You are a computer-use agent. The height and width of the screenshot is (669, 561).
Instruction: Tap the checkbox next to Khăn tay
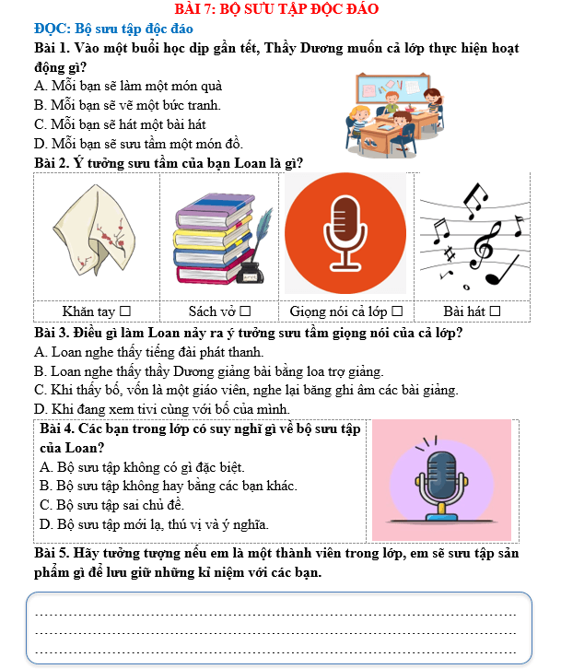[124, 311]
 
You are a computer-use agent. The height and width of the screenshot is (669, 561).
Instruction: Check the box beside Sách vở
[246, 311]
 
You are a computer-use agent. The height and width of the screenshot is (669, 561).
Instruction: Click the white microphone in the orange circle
[345, 232]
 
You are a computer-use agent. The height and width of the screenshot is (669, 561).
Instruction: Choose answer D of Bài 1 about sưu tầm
[138, 143]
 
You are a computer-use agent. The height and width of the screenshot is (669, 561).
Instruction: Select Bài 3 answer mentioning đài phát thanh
[148, 351]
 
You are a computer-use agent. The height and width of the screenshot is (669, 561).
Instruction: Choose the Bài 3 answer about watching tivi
[162, 408]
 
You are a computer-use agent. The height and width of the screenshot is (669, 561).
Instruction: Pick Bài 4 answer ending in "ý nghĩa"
[155, 524]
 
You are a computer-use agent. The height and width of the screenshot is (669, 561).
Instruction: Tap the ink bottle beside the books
[249, 273]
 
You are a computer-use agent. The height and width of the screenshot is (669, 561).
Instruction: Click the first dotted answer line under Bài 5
[275, 613]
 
